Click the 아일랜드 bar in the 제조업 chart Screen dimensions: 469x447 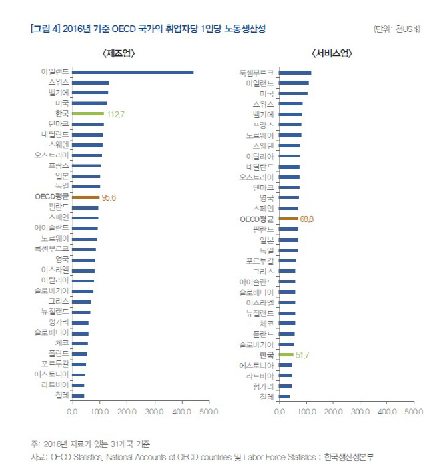pyautogui.click(x=133, y=72)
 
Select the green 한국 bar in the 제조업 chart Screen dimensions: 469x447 pyautogui.click(x=87, y=114)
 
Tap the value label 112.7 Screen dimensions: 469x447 pyautogui.click(x=116, y=114)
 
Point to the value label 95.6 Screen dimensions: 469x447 pyautogui.click(x=109, y=197)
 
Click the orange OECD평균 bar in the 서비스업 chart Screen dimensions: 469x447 pyautogui.click(x=288, y=219)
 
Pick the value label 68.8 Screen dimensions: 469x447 pyautogui.click(x=307, y=219)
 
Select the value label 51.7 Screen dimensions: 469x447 pyautogui.click(x=302, y=355)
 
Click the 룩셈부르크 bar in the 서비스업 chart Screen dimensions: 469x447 pyautogui.click(x=295, y=72)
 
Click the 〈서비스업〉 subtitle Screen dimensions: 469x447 pyautogui.click(x=331, y=53)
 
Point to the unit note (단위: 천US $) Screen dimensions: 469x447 pyautogui.click(x=397, y=29)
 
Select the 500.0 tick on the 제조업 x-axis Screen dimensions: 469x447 pyautogui.click(x=209, y=412)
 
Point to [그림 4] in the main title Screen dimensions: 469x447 pyautogui.click(x=45, y=29)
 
